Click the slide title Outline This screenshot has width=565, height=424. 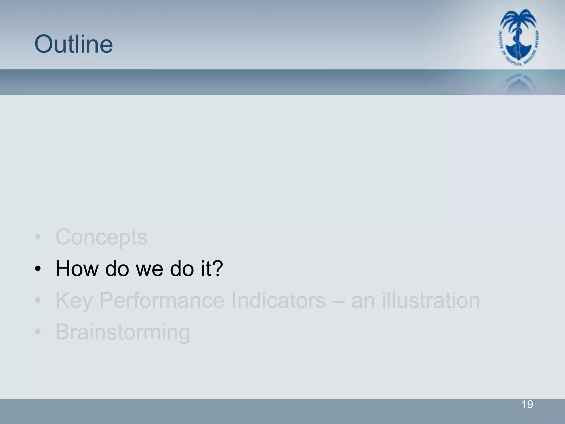tap(74, 44)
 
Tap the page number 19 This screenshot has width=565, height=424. tap(527, 404)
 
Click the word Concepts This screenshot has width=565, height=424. tap(101, 237)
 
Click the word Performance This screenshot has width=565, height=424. tap(162, 300)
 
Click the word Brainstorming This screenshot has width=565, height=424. tap(123, 332)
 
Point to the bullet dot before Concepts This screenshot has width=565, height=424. tap(38, 237)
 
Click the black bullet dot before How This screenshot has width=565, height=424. tap(38, 269)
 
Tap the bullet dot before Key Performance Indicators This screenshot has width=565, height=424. tap(38, 300)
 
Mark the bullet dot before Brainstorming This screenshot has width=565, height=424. tap(38, 332)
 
